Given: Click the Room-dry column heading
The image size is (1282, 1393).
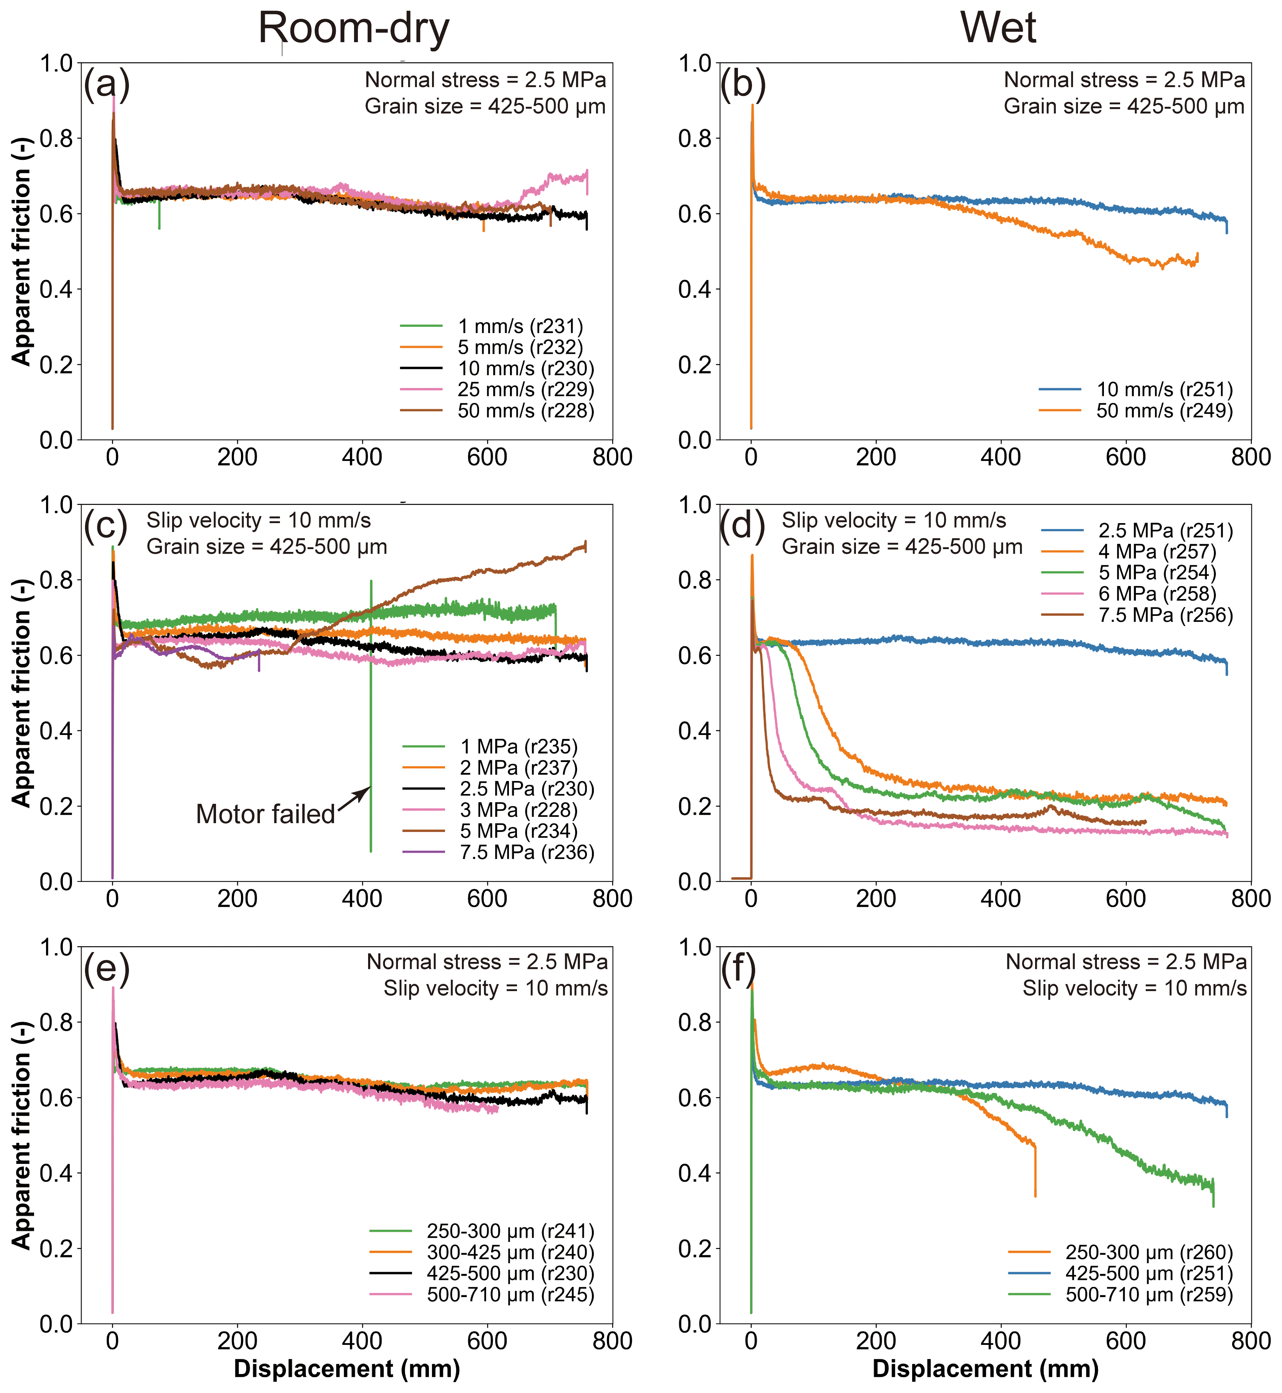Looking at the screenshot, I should click(x=354, y=29).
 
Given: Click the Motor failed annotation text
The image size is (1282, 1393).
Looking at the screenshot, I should click(x=265, y=814).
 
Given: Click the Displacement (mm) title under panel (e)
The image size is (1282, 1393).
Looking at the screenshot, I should click(x=347, y=1368).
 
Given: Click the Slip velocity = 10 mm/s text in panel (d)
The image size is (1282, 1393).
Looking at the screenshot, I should click(x=894, y=520).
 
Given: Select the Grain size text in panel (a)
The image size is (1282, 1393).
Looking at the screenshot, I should click(x=485, y=106).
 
